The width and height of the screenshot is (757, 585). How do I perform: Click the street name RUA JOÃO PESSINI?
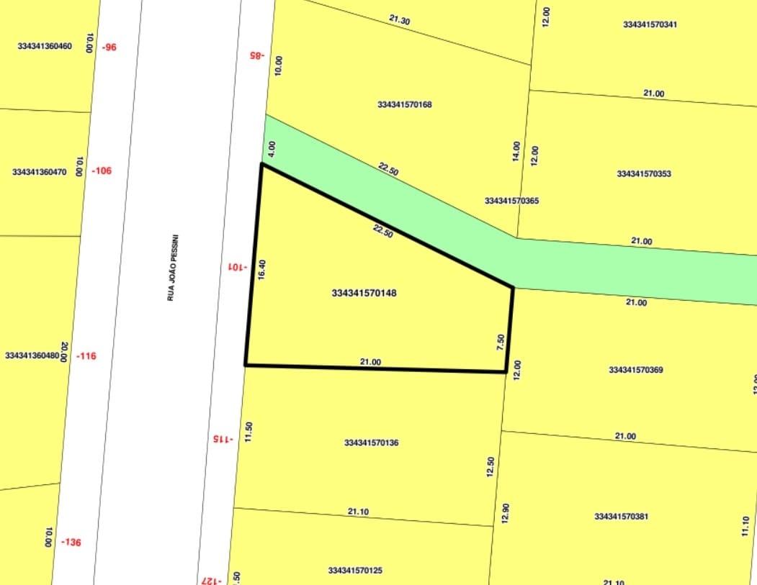171,267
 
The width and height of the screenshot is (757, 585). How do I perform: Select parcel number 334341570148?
364,294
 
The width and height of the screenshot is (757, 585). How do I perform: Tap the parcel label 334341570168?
405,104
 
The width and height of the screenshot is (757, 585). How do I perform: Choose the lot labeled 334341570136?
372,443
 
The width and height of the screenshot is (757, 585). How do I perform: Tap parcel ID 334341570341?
650,24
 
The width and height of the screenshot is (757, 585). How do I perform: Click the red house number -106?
102,171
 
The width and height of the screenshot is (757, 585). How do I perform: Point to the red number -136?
71,542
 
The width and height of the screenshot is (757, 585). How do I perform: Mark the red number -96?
109,47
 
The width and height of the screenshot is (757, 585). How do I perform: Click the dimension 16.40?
262,269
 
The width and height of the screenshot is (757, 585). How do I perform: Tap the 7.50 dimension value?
501,342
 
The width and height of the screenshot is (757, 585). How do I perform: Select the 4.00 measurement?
272,149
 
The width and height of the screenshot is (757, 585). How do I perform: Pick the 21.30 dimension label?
400,20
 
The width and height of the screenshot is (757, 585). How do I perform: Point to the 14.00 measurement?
516,150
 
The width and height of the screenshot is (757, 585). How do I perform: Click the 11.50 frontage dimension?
248,431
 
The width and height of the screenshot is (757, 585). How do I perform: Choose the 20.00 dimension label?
64,352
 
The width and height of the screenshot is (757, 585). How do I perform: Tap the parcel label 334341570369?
636,370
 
